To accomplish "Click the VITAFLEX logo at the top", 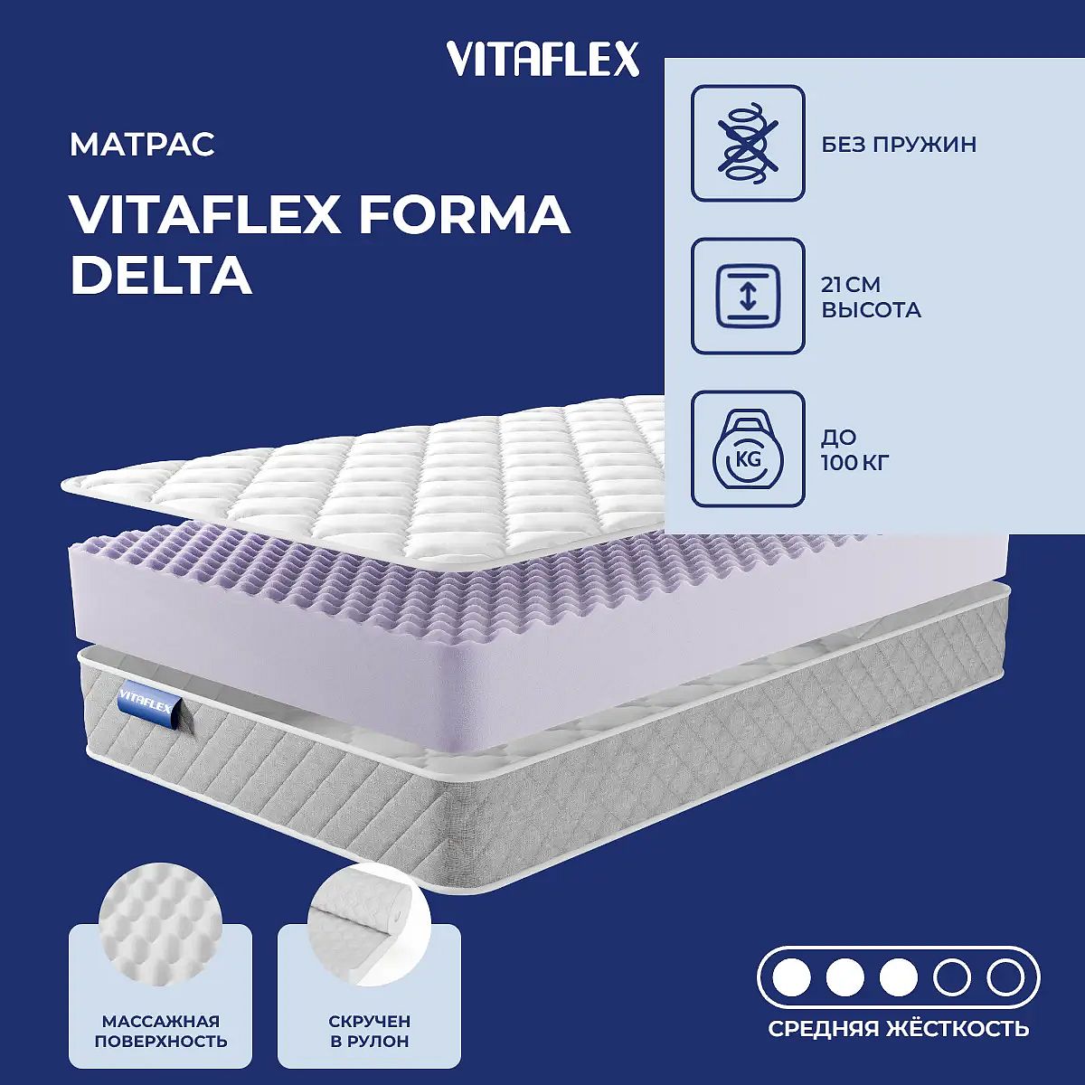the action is click(x=543, y=59).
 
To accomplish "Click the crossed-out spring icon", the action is click(x=748, y=143).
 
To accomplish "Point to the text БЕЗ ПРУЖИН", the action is click(x=899, y=145).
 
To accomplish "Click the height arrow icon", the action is click(x=748, y=297).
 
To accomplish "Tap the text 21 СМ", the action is click(x=850, y=285).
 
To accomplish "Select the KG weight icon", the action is click(x=748, y=448).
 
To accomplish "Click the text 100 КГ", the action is click(x=854, y=463).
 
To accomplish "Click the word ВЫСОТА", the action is click(x=871, y=310).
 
